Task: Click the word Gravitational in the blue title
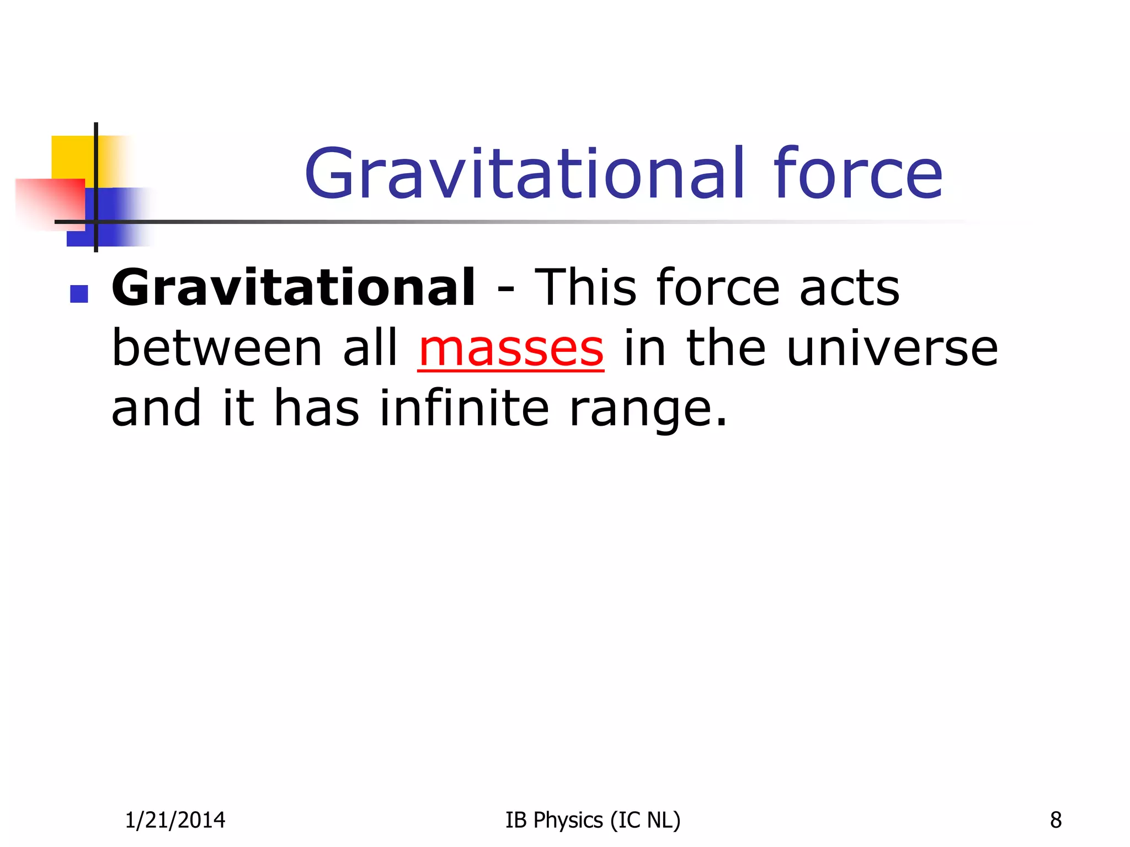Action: tap(525, 174)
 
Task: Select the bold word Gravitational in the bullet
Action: tap(293, 288)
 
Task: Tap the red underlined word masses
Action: tap(511, 350)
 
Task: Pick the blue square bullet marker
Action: tap(79, 294)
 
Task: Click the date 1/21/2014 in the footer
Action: tap(175, 821)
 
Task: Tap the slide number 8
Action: tap(1056, 821)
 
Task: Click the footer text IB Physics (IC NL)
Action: tap(593, 821)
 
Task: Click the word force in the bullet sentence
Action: tap(718, 288)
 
